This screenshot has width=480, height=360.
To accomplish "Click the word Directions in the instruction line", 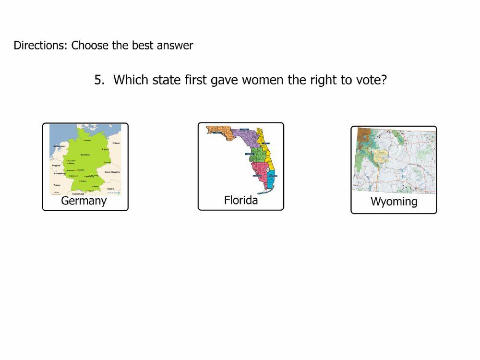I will pyautogui.click(x=40, y=46).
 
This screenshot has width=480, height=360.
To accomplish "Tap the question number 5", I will pyautogui.click(x=98, y=80).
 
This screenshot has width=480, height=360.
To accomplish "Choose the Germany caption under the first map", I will pyautogui.click(x=84, y=201).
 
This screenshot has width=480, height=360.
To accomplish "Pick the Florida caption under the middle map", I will pyautogui.click(x=241, y=200).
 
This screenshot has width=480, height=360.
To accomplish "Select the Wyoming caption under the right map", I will pyautogui.click(x=394, y=202).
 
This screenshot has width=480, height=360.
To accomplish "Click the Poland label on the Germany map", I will pyautogui.click(x=116, y=143).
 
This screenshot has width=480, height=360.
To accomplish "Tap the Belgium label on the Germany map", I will pyautogui.click(x=56, y=165).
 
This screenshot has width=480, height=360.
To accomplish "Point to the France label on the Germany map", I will pyautogui.click(x=57, y=184).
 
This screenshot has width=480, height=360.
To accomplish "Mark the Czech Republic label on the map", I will pyautogui.click(x=112, y=172).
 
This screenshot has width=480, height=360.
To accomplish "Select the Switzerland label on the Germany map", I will pyautogui.click(x=78, y=193).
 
